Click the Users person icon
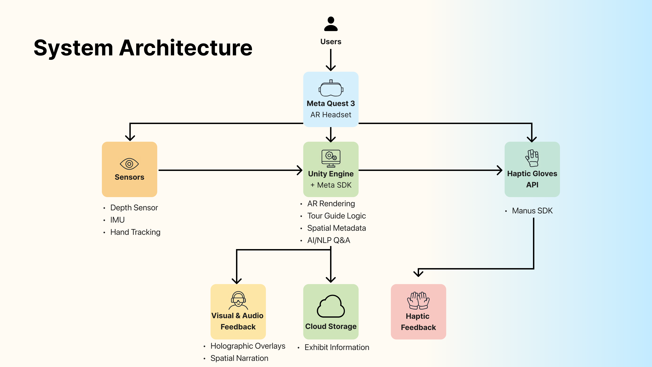click(331, 24)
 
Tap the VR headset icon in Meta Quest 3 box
click(331, 89)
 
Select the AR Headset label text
click(331, 115)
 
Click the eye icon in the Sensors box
click(129, 164)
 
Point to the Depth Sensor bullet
click(134, 208)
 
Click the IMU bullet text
click(117, 220)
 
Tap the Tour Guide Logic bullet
click(336, 216)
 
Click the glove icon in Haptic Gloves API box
click(532, 158)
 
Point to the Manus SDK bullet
click(532, 211)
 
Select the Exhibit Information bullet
click(337, 347)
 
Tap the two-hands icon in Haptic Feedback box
click(418, 301)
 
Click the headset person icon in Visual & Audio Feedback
click(238, 301)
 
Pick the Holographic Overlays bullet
click(248, 346)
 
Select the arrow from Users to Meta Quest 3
click(331, 59)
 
